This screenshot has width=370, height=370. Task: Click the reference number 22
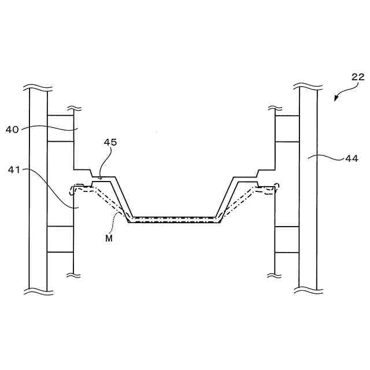[358, 76]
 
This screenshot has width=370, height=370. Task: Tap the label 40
[13, 130]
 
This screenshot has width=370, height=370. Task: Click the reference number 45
[111, 142]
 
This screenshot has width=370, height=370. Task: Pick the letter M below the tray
[109, 238]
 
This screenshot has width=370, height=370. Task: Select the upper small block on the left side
[60, 128]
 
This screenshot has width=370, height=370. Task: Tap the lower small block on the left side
[60, 239]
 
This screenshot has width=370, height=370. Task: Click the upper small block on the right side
[287, 128]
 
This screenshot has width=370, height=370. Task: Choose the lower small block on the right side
[287, 239]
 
